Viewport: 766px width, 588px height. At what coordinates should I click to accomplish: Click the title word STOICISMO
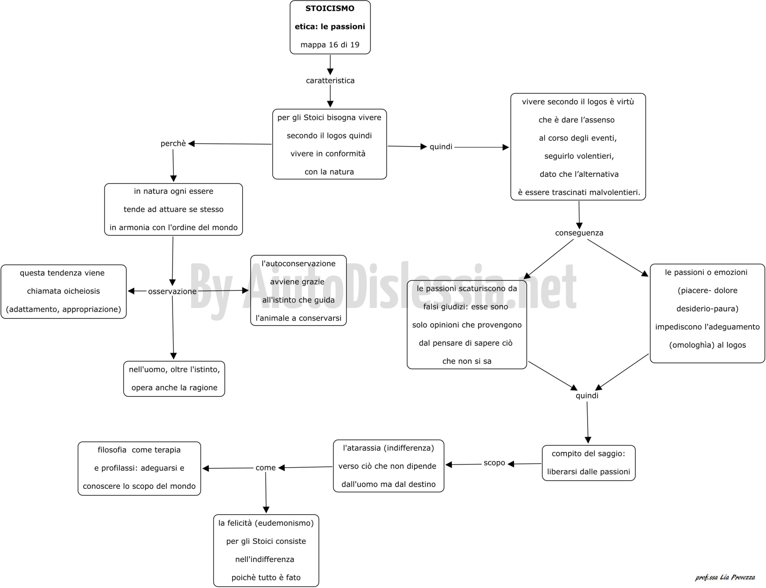(330, 8)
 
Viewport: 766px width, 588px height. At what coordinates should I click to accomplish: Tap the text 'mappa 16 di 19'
(330, 45)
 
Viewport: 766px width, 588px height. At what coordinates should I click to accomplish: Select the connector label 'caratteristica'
(330, 81)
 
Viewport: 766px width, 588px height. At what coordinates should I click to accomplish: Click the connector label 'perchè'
(173, 143)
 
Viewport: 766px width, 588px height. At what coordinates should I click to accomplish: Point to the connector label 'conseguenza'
(579, 233)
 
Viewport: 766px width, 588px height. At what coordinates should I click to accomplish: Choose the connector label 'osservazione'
(172, 291)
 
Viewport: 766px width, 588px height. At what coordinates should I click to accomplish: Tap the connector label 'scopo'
(494, 463)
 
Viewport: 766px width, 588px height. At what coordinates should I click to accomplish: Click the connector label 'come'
(265, 468)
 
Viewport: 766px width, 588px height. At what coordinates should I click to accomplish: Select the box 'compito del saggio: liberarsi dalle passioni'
(588, 463)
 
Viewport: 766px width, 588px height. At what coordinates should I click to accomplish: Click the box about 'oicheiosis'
(64, 291)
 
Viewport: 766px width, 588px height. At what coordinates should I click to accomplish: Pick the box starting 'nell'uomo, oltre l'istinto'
(174, 379)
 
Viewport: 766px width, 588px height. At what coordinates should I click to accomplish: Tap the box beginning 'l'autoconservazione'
(298, 290)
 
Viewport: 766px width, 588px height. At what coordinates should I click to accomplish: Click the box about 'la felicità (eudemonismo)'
(266, 551)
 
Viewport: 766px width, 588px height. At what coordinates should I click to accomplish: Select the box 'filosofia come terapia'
(139, 469)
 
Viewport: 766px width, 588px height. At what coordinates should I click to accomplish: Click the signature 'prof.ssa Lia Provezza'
(725, 578)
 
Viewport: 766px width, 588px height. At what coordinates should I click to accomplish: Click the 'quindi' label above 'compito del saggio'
(587, 396)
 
